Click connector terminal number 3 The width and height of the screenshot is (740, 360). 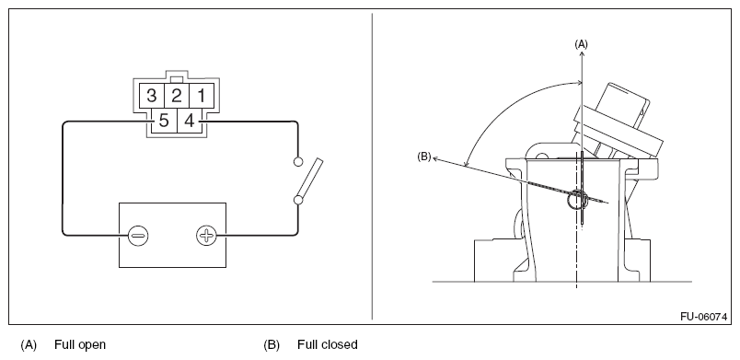tap(152, 96)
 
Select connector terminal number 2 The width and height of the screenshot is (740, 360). tap(177, 96)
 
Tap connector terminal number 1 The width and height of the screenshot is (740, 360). tap(202, 96)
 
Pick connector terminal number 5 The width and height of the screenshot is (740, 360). tap(164, 121)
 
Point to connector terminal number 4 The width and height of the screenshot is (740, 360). tap(190, 121)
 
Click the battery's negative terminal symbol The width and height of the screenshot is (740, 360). tap(138, 235)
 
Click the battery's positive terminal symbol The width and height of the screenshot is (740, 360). tap(206, 235)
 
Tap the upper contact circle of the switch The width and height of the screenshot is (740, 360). tap(298, 162)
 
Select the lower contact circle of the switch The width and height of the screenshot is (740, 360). tap(298, 200)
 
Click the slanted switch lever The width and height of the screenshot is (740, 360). tap(309, 179)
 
